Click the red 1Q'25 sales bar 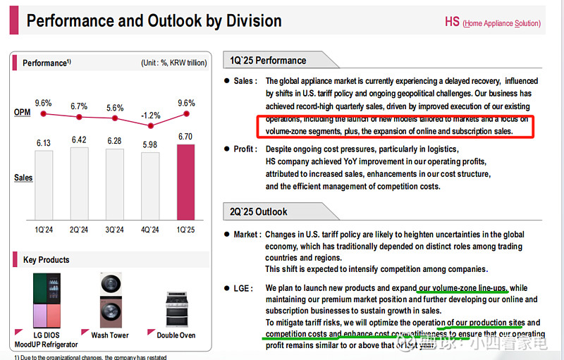185,182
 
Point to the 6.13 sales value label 44,143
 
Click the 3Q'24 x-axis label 114,230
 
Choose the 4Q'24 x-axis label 150,230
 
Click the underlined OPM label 23,113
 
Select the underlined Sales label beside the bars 24,178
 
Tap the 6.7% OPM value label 79,106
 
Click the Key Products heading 47,260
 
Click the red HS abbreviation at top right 452,22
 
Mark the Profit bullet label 245,149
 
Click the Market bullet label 247,234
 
